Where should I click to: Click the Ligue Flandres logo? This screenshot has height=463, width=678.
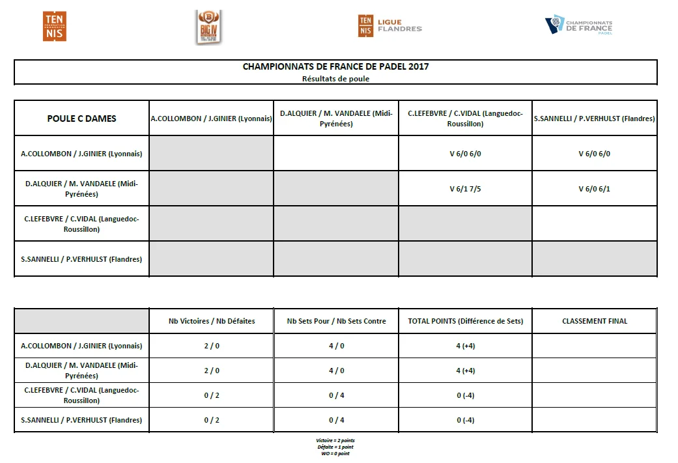389,26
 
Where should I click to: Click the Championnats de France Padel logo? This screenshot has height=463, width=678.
578,26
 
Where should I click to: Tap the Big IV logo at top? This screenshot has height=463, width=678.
208,27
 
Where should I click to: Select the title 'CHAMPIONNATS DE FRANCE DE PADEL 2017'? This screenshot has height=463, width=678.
335,66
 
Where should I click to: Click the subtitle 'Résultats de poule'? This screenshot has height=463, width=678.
335,79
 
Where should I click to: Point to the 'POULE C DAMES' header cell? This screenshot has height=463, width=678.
82,119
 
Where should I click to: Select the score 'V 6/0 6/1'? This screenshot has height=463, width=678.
594,189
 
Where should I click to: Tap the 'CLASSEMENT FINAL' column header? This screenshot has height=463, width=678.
594,321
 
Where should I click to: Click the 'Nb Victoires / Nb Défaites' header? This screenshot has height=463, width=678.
212,321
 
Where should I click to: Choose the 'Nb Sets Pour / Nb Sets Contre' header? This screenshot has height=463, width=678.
336,321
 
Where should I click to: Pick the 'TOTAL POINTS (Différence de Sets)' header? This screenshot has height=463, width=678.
465,321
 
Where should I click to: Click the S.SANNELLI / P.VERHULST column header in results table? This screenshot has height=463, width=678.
594,119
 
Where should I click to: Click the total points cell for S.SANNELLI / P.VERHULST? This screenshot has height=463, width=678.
465,420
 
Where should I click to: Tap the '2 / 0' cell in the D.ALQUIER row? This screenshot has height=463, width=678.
212,371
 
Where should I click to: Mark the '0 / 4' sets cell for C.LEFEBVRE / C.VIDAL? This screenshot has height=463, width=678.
336,395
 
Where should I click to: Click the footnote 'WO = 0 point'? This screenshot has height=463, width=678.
335,454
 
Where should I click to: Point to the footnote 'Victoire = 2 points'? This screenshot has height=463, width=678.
335,441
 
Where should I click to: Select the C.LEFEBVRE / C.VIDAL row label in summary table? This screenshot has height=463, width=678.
82,395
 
